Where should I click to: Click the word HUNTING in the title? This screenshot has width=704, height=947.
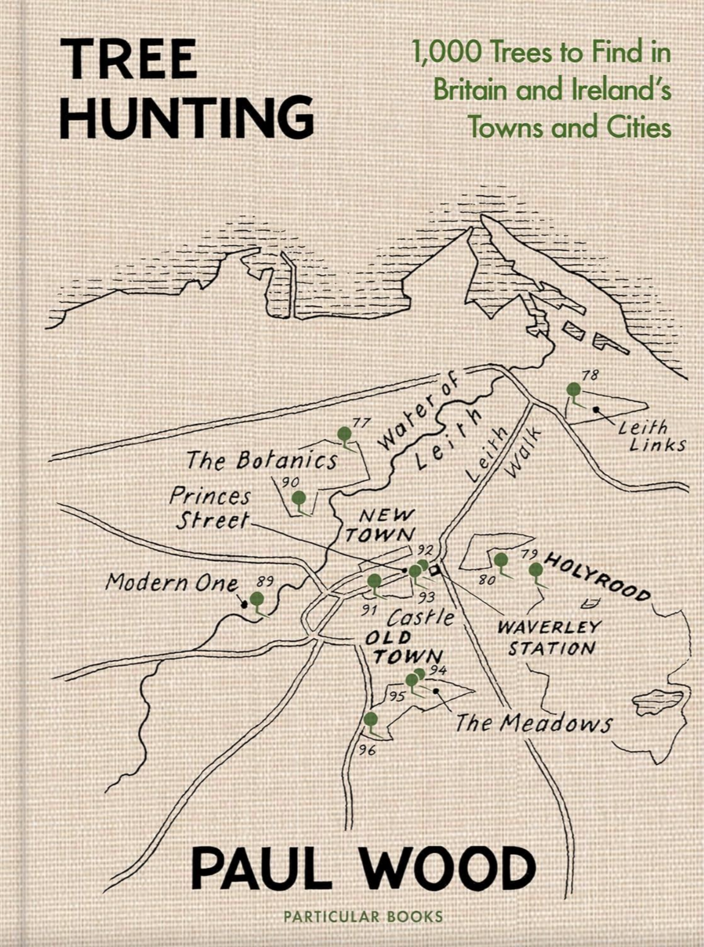[186, 117]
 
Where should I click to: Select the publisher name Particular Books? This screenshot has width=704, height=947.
[363, 917]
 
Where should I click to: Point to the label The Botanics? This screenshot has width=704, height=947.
[262, 461]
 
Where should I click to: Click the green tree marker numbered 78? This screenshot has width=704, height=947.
[574, 390]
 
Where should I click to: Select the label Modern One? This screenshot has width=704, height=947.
[172, 582]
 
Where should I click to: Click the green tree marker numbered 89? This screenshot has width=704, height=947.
[257, 599]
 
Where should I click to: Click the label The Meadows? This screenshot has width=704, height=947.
[533, 724]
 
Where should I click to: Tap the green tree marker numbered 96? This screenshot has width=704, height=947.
[371, 719]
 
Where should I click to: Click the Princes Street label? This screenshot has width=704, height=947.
[210, 508]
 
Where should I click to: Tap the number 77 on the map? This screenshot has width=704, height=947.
[362, 423]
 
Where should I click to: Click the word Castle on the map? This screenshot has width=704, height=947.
[420, 618]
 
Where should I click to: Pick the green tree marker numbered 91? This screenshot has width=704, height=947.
[374, 581]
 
